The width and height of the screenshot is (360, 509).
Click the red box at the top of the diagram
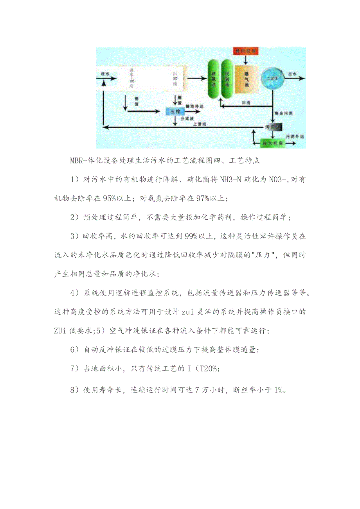(x=245, y=51)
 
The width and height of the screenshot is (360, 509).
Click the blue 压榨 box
(x=175, y=111)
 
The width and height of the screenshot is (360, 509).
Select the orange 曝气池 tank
(x=247, y=79)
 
